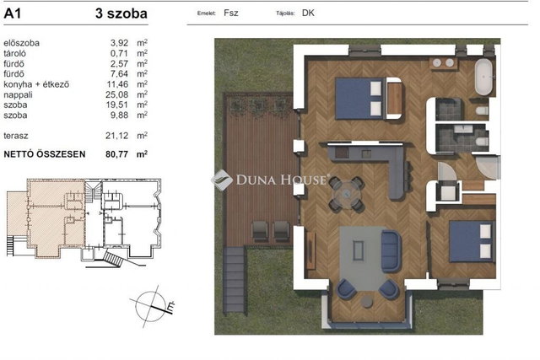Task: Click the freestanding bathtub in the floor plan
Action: pyautogui.click(x=483, y=77)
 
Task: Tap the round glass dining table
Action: pyautogui.click(x=346, y=195)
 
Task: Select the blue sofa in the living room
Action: pyautogui.click(x=391, y=251)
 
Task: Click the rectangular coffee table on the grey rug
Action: pyautogui.click(x=358, y=250)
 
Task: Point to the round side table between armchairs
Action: pyautogui.click(x=367, y=302)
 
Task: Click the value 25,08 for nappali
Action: pyautogui.click(x=116, y=94)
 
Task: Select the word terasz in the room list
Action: pyautogui.click(x=16, y=136)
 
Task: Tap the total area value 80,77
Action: pyautogui.click(x=116, y=154)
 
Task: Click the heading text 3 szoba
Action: pyautogui.click(x=121, y=13)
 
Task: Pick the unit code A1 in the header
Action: pyautogui.click(x=13, y=13)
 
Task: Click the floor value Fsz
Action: pyautogui.click(x=230, y=13)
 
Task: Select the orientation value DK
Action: pyautogui.click(x=308, y=13)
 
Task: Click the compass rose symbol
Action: pyautogui.click(x=152, y=306)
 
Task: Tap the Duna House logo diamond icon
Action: pyautogui.click(x=221, y=180)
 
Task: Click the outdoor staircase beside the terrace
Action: pyautogui.click(x=235, y=279)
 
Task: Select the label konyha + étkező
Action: pyautogui.click(x=36, y=84)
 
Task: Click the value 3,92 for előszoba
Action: pyautogui.click(x=119, y=43)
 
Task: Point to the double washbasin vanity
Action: pyautogui.click(x=443, y=63)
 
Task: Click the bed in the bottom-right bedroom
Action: pyautogui.click(x=472, y=241)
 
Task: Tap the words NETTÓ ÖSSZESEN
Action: pyautogui.click(x=45, y=154)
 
